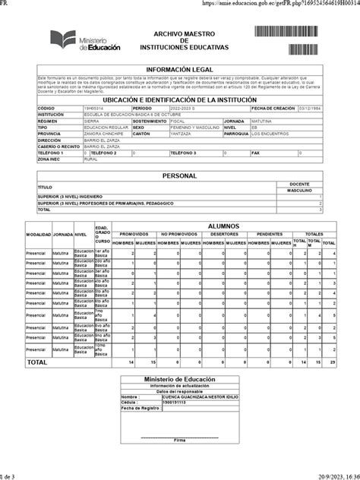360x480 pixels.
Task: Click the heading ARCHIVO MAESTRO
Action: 182,34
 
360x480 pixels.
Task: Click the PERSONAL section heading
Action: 181,175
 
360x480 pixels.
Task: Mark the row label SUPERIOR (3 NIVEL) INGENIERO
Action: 71,196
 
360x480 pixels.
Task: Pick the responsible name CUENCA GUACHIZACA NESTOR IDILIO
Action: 184,396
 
